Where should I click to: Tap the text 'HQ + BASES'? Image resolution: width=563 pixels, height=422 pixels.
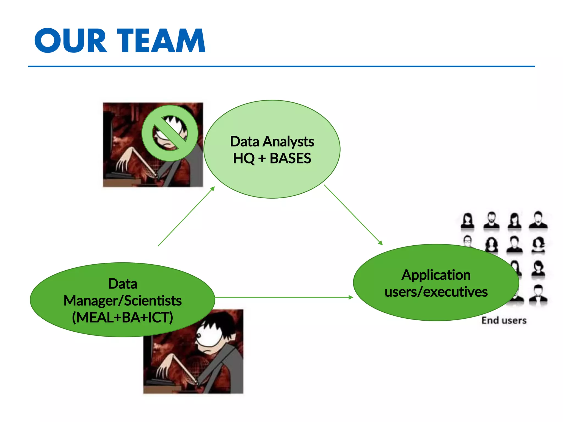coord(272,159)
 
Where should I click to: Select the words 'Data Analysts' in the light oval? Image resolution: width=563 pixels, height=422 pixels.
coord(272,141)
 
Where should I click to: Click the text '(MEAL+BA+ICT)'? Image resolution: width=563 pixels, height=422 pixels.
coord(122,317)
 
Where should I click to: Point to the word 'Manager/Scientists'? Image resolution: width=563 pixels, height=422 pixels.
coord(122,301)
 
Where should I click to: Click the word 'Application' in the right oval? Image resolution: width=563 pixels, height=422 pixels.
coord(436,275)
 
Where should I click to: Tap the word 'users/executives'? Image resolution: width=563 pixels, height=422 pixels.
coord(436,292)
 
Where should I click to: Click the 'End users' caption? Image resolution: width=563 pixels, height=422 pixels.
coord(504,320)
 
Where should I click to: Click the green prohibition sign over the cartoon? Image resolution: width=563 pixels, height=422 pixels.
coord(170,133)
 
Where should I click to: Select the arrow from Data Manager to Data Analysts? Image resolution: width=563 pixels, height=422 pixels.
coord(186,216)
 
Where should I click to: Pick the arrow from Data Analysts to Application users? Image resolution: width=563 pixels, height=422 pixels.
coord(353,215)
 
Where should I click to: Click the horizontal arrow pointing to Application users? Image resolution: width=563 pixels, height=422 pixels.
coord(283,297)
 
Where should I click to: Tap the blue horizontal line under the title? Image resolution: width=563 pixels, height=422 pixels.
coord(281,66)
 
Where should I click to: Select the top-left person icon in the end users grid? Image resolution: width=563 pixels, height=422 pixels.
coord(468,221)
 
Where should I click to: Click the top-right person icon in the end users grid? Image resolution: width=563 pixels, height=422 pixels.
coord(538,220)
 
